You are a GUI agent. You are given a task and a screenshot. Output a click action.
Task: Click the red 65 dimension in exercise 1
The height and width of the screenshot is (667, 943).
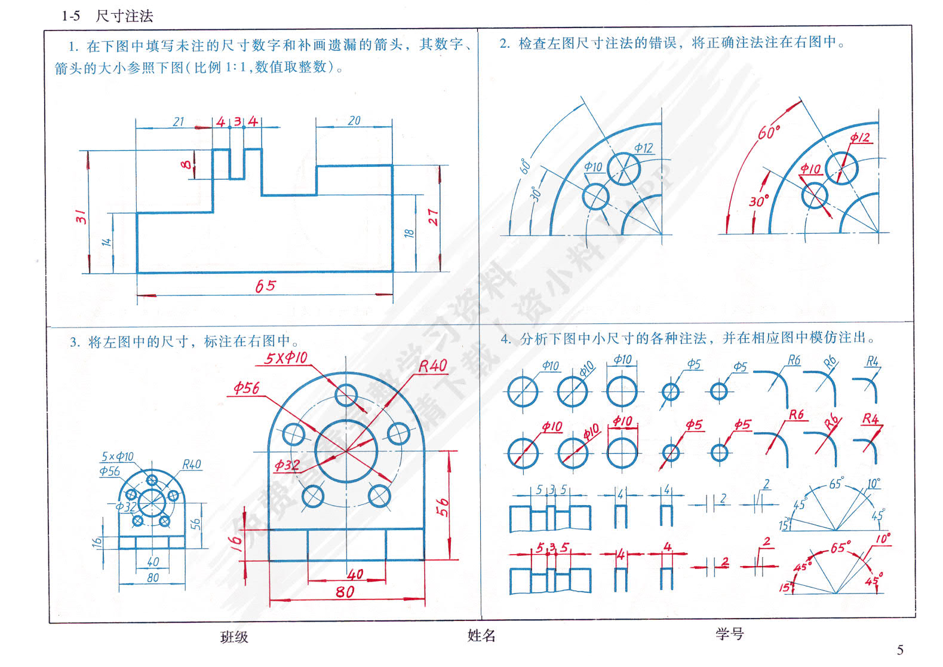coord(266,286)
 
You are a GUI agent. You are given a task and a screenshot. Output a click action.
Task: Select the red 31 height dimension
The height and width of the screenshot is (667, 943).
coord(81,216)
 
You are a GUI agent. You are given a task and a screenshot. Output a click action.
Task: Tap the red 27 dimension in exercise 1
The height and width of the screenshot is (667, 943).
coord(433,217)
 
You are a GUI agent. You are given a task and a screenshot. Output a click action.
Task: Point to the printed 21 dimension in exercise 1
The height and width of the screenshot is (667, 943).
coord(179,122)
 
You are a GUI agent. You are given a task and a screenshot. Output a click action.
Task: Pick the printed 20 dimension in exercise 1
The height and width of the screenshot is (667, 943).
coord(354,121)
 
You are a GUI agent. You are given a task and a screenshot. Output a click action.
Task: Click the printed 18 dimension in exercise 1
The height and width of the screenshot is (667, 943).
coord(409,233)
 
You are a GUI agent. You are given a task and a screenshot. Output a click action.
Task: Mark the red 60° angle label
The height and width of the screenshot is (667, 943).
coord(769,132)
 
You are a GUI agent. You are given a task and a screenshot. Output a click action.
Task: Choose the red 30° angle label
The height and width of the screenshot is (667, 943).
coord(758,201)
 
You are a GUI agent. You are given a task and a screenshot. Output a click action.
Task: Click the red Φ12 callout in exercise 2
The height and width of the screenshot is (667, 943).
coord(860,138)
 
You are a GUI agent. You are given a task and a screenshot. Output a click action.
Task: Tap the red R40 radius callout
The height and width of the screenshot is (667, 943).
coord(433,366)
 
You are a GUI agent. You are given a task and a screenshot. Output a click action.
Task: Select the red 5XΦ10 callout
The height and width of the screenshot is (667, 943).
coord(286,358)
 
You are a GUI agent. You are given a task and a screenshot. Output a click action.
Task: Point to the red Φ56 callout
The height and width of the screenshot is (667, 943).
coord(247,388)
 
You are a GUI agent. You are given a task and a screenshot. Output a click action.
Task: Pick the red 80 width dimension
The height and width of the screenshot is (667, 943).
coord(345,592)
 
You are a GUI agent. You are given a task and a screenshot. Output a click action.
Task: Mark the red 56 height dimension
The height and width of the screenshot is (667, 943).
coord(442,507)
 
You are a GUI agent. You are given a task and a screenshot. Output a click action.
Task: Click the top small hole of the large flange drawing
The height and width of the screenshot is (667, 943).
coord(346,394)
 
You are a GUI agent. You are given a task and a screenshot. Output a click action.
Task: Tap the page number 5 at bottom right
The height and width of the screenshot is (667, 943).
coord(900,650)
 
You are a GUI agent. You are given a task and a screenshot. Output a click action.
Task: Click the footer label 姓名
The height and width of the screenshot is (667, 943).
coord(481,636)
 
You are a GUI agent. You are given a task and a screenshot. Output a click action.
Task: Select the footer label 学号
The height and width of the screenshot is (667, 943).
coord(730,634)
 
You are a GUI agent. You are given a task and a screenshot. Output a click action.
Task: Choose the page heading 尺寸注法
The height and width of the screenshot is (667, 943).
coord(124,16)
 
